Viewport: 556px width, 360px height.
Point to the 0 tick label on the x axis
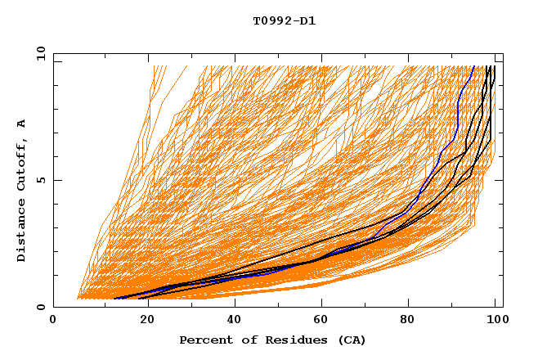(x=53, y=321)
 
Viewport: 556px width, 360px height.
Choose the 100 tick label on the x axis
(x=495, y=321)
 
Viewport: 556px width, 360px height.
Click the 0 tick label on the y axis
(x=41, y=308)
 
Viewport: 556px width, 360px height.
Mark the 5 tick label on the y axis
(x=41, y=180)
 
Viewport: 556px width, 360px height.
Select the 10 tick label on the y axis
(x=38, y=52)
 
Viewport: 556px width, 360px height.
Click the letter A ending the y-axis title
(x=21, y=124)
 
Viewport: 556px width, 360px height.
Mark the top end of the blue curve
(x=473, y=66)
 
